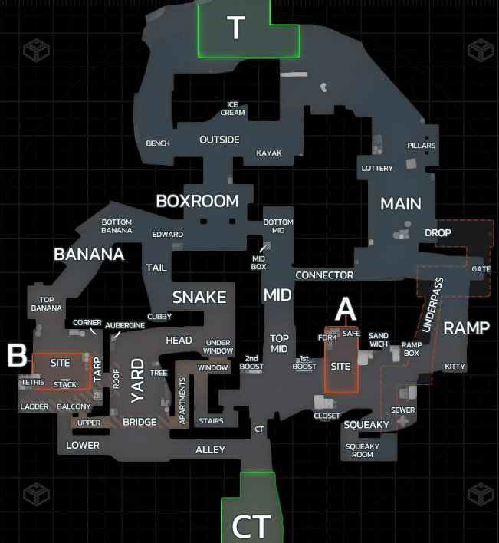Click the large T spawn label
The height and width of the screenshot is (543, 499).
pos(235,29)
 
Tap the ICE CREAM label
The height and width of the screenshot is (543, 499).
pos(233,108)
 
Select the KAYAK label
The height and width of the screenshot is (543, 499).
pos(269,153)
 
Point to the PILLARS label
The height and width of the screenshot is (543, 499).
pos(422,146)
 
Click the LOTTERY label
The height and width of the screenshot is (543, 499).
pos(377,169)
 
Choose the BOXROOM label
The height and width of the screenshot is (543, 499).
pos(197,201)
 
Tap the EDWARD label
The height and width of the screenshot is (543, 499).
pos(168,235)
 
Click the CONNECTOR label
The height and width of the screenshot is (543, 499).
pos(324,275)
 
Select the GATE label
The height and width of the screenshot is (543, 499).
pos(481,269)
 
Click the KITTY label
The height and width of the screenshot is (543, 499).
pos(455,367)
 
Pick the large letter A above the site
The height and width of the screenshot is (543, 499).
pos(346,308)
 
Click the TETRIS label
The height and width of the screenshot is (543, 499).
pos(33,382)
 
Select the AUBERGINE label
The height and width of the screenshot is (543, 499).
pos(125,325)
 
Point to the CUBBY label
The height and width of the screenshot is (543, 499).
pos(159,316)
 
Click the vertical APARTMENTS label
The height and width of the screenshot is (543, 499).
pos(182,401)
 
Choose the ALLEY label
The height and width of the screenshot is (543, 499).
pos(210,449)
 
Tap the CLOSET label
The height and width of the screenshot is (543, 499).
pos(327,416)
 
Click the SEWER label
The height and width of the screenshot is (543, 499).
pos(403,410)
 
